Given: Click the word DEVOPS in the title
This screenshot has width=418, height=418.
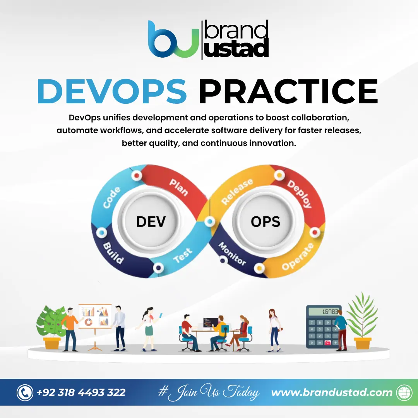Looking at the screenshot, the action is pyautogui.click(x=112, y=91).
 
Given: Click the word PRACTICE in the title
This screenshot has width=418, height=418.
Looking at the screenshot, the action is pyautogui.click(x=288, y=91).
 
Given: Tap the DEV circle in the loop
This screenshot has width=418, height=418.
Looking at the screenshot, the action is pyautogui.click(x=151, y=221).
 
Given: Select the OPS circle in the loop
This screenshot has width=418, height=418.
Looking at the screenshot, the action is pyautogui.click(x=266, y=221).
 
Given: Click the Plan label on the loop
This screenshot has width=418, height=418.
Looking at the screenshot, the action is pyautogui.click(x=179, y=187).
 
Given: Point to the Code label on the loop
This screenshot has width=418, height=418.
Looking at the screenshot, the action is pyautogui.click(x=112, y=197).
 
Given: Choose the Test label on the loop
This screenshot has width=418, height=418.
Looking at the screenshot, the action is pyautogui.click(x=183, y=255).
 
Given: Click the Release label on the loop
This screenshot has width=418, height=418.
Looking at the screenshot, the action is pyautogui.click(x=237, y=192).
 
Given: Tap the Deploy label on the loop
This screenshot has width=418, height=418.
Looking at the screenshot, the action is pyautogui.click(x=299, y=194).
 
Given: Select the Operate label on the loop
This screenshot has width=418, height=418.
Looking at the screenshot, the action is pyautogui.click(x=298, y=257).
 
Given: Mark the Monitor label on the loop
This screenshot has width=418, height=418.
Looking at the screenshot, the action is pyautogui.click(x=232, y=254).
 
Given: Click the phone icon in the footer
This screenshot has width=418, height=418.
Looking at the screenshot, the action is pyautogui.click(x=25, y=392).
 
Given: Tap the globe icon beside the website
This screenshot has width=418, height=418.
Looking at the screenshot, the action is pyautogui.click(x=404, y=392).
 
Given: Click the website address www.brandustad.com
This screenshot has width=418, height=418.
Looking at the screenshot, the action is pyautogui.click(x=332, y=392).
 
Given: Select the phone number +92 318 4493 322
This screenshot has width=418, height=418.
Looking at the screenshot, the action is pyautogui.click(x=81, y=392).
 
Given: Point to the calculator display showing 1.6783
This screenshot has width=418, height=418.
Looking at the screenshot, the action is pyautogui.click(x=324, y=312).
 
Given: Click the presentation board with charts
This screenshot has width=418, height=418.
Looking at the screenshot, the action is pyautogui.click(x=95, y=316).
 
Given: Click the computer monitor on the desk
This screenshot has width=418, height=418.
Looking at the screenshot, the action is pyautogui.click(x=211, y=322).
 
